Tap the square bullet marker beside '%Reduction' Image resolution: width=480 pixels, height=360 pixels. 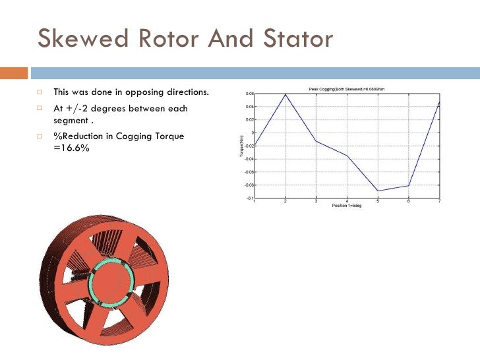coord(41,136)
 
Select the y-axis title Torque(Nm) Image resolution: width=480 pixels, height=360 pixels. coord(241,146)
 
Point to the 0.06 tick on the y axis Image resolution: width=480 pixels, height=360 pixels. coord(249,94)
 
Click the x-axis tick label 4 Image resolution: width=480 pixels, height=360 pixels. coord(347,201)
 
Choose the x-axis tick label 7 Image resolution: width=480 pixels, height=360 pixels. coord(439,201)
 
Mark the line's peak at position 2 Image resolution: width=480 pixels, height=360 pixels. coord(285,94)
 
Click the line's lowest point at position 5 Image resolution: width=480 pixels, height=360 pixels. coord(378,191)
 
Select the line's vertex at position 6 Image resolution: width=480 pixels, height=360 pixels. coord(409,185)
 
